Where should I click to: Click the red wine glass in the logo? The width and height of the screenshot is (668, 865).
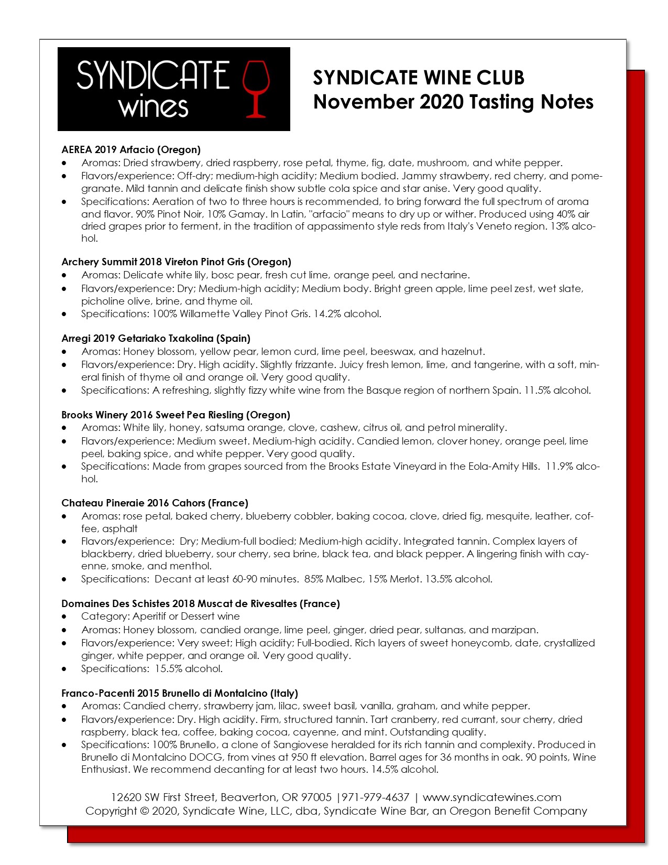point(256,88)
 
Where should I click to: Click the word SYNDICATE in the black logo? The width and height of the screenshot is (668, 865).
point(153,75)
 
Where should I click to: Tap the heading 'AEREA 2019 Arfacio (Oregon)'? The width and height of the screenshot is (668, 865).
point(131,150)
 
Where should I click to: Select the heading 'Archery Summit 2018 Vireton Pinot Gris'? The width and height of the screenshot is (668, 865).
point(176,262)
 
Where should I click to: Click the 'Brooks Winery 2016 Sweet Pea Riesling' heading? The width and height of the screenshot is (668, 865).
point(176,415)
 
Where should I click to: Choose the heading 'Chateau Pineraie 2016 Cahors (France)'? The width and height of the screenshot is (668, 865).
point(155,503)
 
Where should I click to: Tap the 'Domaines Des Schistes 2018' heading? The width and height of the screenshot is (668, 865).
point(201,604)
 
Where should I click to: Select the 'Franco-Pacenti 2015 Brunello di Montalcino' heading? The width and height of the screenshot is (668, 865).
point(180,694)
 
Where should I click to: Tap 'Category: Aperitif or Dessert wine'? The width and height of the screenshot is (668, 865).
point(160,617)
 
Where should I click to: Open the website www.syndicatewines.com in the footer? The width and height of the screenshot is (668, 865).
point(491,798)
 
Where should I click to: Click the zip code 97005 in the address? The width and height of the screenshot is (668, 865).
point(316,798)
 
